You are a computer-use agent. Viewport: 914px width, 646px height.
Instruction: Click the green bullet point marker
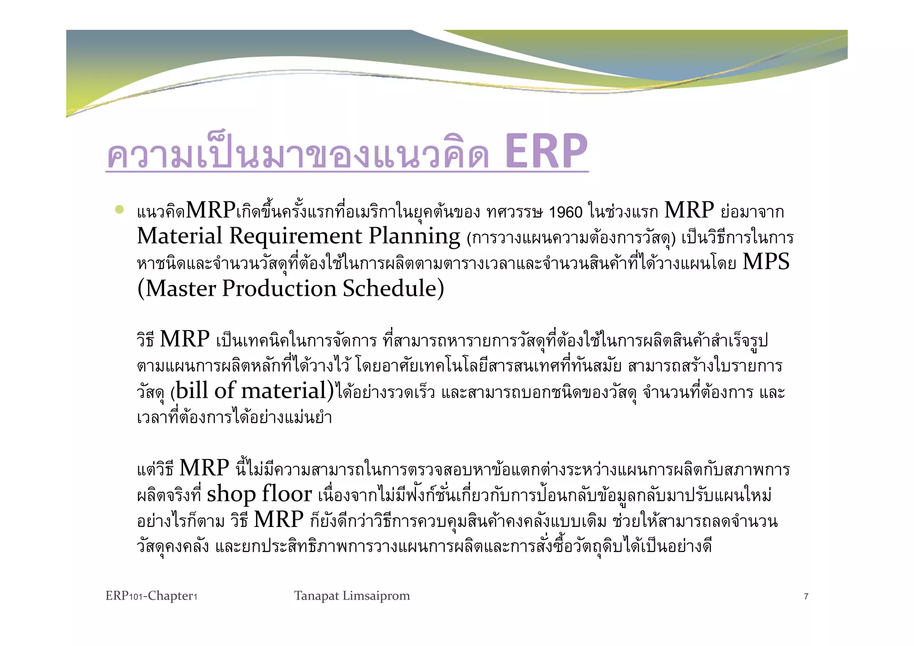(x=119, y=209)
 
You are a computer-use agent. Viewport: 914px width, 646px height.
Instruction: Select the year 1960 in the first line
(x=565, y=212)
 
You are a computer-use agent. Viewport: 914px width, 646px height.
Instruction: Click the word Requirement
(x=295, y=236)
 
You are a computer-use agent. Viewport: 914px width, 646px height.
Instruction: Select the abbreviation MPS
(x=766, y=262)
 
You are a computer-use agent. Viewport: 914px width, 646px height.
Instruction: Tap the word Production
(x=279, y=289)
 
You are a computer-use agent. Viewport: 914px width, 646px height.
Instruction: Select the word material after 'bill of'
(x=284, y=391)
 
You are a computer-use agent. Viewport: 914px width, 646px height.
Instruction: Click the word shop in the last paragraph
(x=231, y=494)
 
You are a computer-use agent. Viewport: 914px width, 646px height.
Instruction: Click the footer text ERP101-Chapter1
(x=151, y=596)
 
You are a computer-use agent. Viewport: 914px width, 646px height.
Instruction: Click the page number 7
(x=806, y=596)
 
